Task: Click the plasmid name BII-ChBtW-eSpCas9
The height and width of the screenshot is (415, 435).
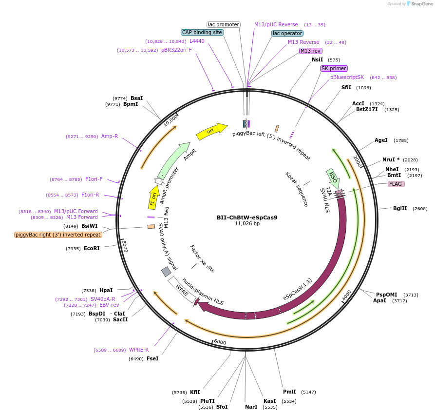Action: [x=247, y=217]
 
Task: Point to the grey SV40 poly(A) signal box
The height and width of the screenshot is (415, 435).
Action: [x=166, y=272]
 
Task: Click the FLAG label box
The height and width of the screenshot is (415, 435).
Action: [x=396, y=184]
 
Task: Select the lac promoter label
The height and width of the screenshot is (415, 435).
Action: [x=224, y=24]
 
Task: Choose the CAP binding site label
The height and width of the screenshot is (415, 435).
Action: [x=202, y=32]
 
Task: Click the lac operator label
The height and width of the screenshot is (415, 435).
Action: [x=287, y=33]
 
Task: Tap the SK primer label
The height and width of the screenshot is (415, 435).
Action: [x=334, y=68]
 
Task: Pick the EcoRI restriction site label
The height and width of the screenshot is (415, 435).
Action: [x=92, y=249]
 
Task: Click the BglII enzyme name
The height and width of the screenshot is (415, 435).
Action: [x=400, y=208]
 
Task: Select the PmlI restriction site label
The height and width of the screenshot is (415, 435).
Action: [x=289, y=392]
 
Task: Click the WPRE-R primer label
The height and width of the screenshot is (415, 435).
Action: [x=139, y=350]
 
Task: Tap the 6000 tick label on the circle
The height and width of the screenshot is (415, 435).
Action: [x=220, y=342]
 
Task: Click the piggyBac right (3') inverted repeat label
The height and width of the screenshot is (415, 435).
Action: [x=58, y=235]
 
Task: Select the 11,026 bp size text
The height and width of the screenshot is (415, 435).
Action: [x=247, y=224]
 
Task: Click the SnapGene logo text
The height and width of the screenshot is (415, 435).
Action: [x=421, y=4]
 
